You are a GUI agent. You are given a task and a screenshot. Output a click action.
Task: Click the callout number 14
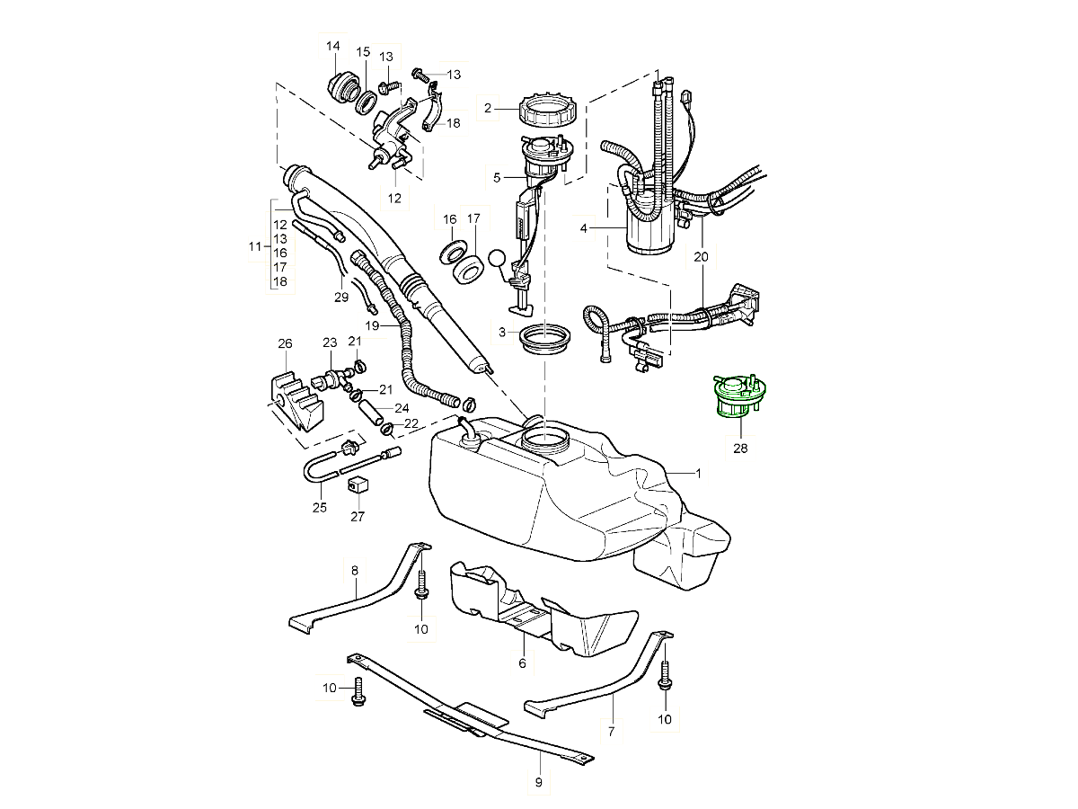click(333, 46)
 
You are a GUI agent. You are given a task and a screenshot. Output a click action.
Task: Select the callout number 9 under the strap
click(538, 782)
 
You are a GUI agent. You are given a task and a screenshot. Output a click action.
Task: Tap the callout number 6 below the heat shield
click(522, 663)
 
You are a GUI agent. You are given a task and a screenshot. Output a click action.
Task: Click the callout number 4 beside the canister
click(583, 228)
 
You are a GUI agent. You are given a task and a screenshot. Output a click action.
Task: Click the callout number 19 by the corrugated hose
click(373, 325)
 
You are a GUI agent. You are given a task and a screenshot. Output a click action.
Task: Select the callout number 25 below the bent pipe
click(319, 507)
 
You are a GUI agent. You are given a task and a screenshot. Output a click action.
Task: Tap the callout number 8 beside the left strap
click(355, 570)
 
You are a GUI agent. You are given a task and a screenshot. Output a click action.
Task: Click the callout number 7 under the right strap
click(611, 732)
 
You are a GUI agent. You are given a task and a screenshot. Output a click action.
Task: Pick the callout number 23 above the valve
click(330, 342)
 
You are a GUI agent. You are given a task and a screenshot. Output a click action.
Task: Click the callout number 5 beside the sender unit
click(497, 177)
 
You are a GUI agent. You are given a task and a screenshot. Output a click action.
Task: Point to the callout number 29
click(341, 298)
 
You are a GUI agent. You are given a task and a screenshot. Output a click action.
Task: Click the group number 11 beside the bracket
click(254, 246)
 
